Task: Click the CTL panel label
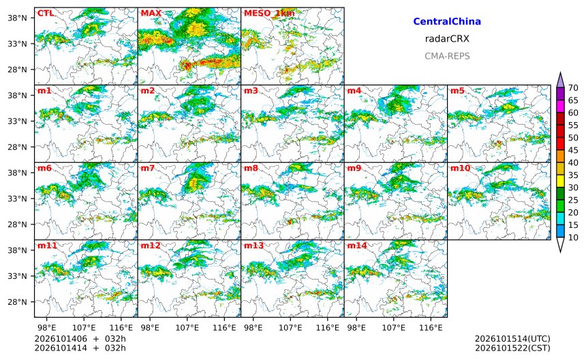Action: (x=45, y=14)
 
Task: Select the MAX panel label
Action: (x=151, y=14)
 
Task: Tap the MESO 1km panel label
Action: (x=269, y=14)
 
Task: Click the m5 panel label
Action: (x=457, y=91)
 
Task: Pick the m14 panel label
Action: (x=357, y=245)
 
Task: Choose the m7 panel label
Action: (x=148, y=168)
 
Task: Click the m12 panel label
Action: (x=151, y=245)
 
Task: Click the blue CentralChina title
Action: (x=447, y=22)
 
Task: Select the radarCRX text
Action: (x=447, y=39)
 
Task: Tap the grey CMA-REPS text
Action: (x=447, y=56)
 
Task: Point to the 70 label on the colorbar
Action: (x=573, y=88)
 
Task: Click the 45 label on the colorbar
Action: (x=573, y=150)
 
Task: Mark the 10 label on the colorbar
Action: (x=573, y=237)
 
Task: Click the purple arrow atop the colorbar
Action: (x=560, y=80)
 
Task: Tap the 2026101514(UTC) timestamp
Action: (x=512, y=339)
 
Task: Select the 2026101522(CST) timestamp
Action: (x=512, y=348)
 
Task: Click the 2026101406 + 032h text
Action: (x=80, y=339)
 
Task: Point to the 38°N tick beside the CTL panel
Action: (x=18, y=18)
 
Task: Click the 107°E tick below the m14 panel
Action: (x=394, y=328)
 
